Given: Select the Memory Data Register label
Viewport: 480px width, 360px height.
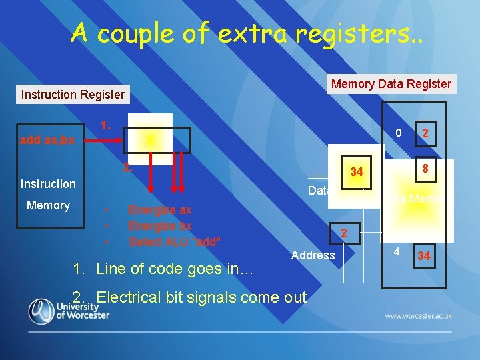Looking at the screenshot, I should pyautogui.click(x=391, y=84).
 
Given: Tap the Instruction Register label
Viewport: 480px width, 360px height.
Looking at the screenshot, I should pyautogui.click(x=73, y=95).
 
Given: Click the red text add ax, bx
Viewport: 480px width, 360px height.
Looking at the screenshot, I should pyautogui.click(x=47, y=140).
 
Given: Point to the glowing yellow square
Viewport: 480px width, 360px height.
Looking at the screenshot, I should pyautogui.click(x=151, y=139).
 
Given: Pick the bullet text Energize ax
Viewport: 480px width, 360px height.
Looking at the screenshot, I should pyautogui.click(x=160, y=210).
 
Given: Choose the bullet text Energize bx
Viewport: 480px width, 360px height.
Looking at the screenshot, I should pyautogui.click(x=160, y=226).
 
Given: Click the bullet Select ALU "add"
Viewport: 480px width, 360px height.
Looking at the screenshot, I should pyautogui.click(x=175, y=242).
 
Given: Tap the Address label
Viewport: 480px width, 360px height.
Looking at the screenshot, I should pyautogui.click(x=313, y=255).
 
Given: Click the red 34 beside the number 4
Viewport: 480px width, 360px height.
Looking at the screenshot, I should pyautogui.click(x=424, y=256).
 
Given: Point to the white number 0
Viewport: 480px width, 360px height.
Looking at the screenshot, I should pyautogui.click(x=397, y=133).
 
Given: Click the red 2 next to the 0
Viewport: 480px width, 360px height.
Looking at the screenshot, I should pyautogui.click(x=424, y=134).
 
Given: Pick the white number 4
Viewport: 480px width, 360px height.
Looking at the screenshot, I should pyautogui.click(x=397, y=253).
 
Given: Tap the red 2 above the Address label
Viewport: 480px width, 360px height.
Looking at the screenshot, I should pyautogui.click(x=344, y=233).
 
